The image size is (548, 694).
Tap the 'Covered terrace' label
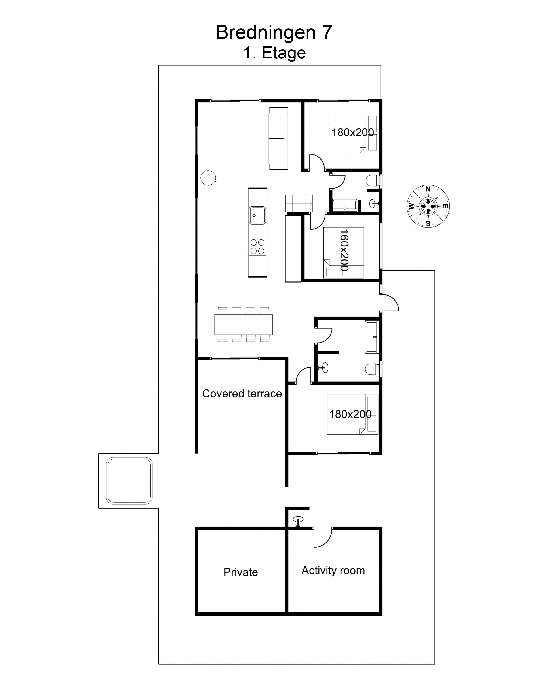[x=242, y=393]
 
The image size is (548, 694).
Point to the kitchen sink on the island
[x=257, y=215]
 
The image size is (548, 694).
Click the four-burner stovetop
[x=257, y=246]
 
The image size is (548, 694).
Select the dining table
[x=244, y=324]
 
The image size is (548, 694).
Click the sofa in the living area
[x=278, y=138]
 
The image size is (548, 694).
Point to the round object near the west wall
[x=208, y=178]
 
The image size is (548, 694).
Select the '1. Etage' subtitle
[x=274, y=53]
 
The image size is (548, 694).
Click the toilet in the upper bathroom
[x=373, y=180]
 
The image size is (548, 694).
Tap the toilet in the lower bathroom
[x=373, y=369]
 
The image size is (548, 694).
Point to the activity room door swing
[x=323, y=538]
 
